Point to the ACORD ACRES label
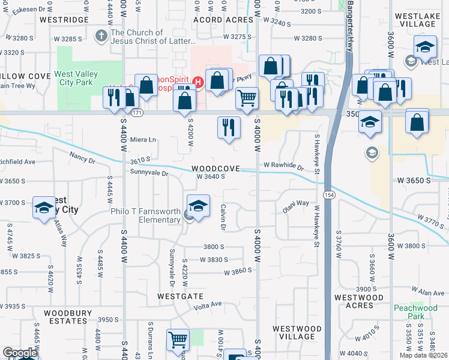tap(223, 20)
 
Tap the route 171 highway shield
tap(137, 113)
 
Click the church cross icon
tap(101, 36)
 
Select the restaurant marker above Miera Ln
tap(228, 127)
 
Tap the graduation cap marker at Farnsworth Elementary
tap(199, 205)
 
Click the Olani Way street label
tap(296, 209)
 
